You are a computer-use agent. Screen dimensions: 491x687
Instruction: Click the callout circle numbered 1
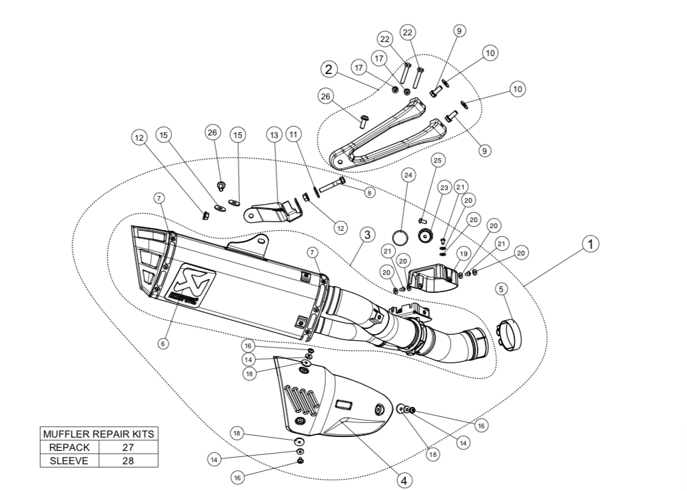click(589, 244)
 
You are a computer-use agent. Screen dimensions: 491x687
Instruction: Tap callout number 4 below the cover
click(403, 479)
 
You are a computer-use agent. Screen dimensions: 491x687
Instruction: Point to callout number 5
click(502, 290)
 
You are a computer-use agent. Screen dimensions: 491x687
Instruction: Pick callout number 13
click(273, 134)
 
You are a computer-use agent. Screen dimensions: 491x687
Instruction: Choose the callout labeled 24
click(408, 175)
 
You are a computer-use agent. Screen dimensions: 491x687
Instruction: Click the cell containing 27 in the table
click(128, 447)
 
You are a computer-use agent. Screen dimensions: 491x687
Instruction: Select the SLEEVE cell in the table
click(69, 460)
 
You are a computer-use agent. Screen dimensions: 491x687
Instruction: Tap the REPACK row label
click(69, 447)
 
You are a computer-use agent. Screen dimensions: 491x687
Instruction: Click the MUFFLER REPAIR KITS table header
click(99, 434)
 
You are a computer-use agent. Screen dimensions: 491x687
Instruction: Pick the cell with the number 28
click(128, 460)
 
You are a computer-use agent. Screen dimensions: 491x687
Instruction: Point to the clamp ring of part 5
click(510, 333)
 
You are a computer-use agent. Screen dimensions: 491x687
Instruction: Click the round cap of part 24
click(399, 237)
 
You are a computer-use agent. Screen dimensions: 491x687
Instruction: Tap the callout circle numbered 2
click(329, 69)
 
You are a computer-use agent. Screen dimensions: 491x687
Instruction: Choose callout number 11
click(293, 134)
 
